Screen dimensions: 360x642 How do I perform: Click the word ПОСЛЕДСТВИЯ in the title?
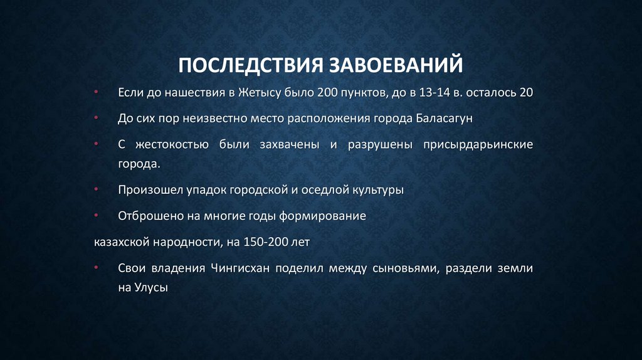(249, 65)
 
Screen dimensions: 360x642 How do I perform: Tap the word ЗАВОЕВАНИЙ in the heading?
(396, 65)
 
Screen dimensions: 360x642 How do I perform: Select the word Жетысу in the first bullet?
(258, 92)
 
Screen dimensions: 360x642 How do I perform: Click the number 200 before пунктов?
(327, 92)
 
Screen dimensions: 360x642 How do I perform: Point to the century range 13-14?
(434, 92)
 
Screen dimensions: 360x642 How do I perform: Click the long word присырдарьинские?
(478, 144)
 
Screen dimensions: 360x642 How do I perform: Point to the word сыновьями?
(402, 268)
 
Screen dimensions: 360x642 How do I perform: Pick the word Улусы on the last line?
(151, 289)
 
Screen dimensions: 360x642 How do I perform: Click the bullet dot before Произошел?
(96, 189)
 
